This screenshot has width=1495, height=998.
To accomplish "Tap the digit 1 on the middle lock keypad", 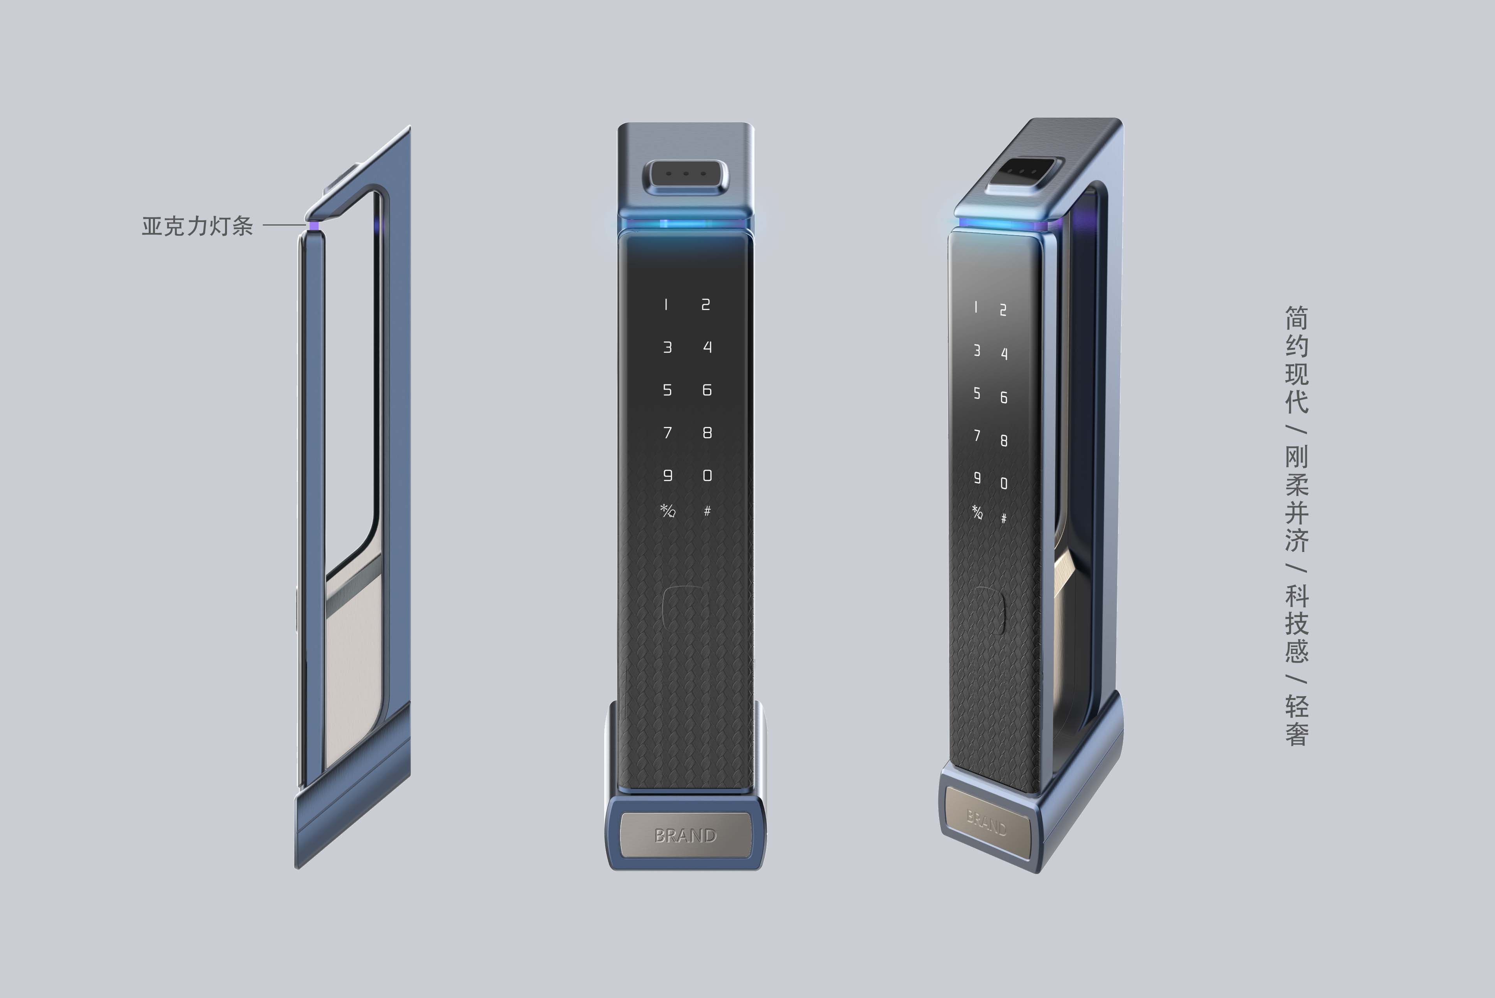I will click(x=666, y=305).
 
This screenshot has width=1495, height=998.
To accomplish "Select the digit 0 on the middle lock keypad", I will click(x=707, y=476).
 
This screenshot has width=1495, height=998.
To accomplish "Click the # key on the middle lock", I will click(x=707, y=511).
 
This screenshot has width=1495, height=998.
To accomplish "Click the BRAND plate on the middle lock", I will click(x=685, y=835).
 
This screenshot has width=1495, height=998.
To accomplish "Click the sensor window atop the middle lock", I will click(x=686, y=173).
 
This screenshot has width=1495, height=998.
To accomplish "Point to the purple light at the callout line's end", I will click(x=314, y=225).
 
